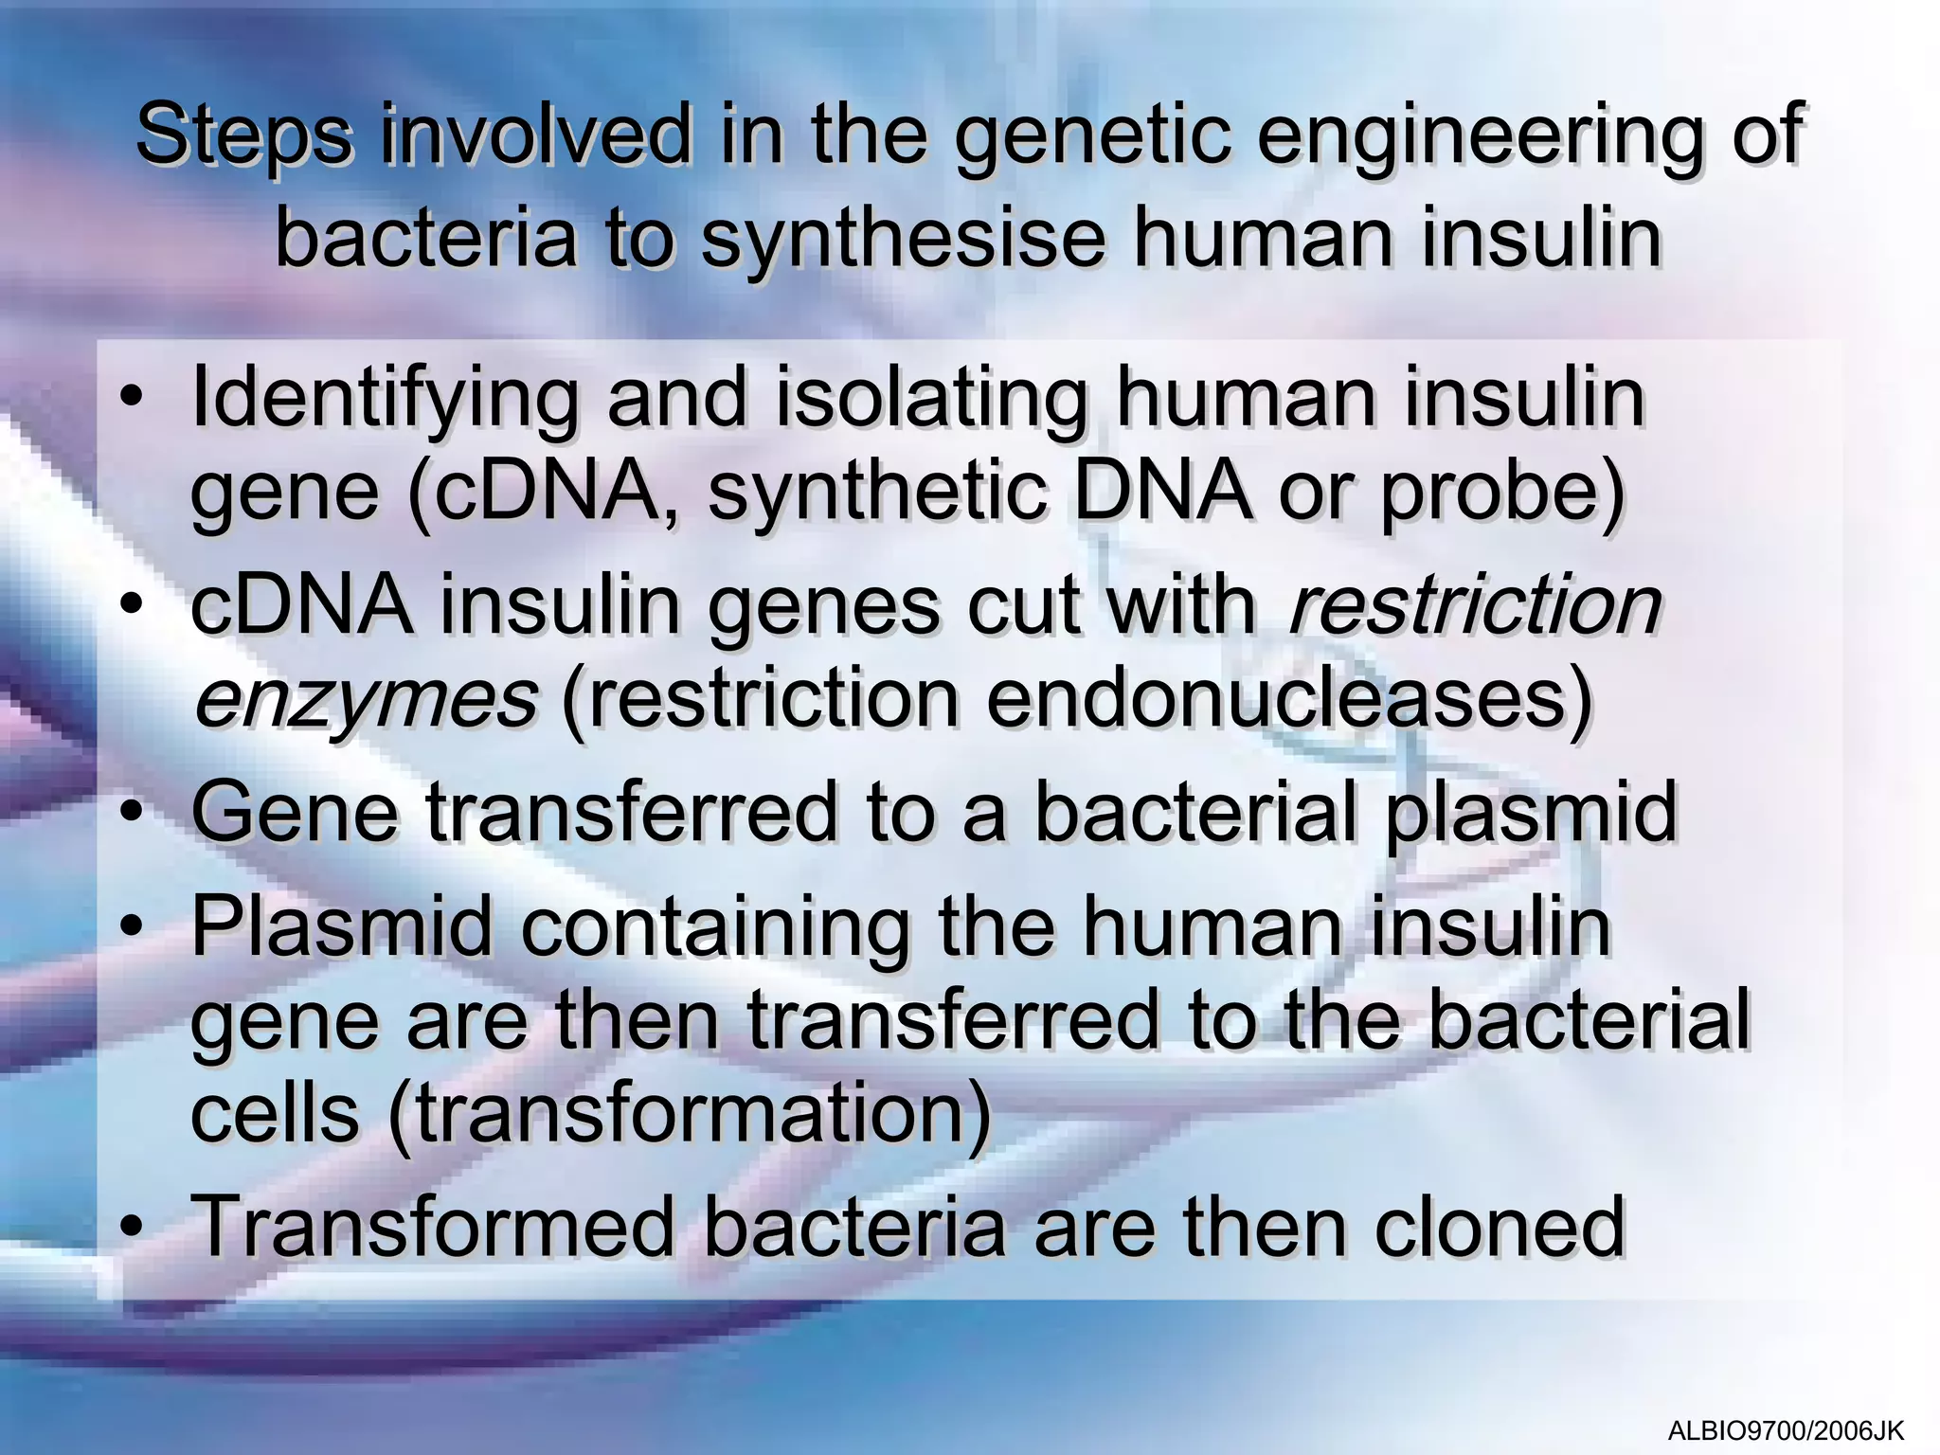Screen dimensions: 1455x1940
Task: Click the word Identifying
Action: click(x=385, y=398)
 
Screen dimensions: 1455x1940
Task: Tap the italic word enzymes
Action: click(x=366, y=701)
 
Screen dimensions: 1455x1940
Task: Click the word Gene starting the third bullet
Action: click(x=295, y=812)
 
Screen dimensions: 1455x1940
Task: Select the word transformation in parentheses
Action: click(x=690, y=1113)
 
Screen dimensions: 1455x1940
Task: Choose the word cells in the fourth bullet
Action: click(x=275, y=1113)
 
